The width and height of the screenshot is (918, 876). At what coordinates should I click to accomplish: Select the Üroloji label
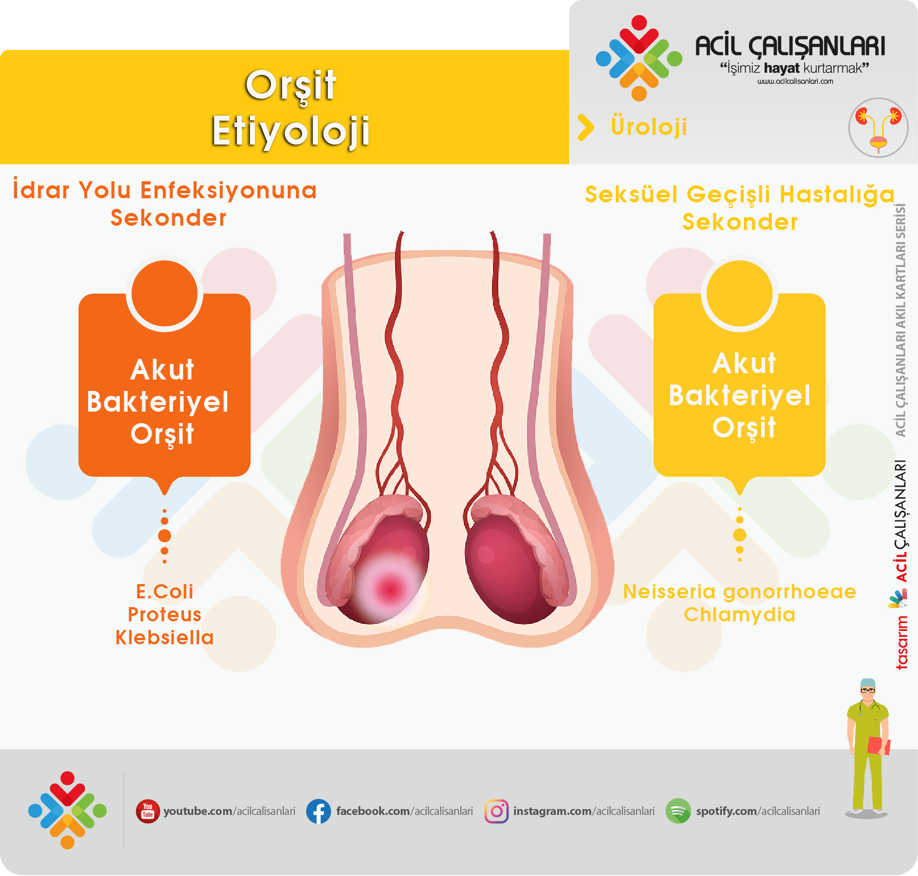649,127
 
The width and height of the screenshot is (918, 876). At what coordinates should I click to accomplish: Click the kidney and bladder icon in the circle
878,128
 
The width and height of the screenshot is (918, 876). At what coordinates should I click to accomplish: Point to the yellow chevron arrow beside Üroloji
585,128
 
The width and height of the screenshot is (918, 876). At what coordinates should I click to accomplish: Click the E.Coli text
164,591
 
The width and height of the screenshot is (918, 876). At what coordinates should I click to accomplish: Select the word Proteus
164,614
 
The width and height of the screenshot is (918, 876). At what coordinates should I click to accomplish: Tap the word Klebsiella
164,637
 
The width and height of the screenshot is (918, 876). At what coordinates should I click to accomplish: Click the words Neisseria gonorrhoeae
739,592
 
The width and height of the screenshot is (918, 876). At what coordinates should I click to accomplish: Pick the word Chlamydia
739,615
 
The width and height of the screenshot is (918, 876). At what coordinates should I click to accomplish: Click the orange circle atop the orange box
164,293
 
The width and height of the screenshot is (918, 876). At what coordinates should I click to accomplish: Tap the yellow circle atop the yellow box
739,293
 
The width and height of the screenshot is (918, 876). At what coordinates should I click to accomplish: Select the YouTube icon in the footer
148,812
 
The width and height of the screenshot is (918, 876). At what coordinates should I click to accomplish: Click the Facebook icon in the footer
318,812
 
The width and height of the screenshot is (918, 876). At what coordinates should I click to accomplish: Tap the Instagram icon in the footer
496,812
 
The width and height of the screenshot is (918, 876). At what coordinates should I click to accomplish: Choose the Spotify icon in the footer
678,812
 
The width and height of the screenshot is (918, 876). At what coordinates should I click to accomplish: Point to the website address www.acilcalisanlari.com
795,81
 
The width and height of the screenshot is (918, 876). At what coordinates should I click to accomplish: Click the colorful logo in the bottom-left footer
67,811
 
